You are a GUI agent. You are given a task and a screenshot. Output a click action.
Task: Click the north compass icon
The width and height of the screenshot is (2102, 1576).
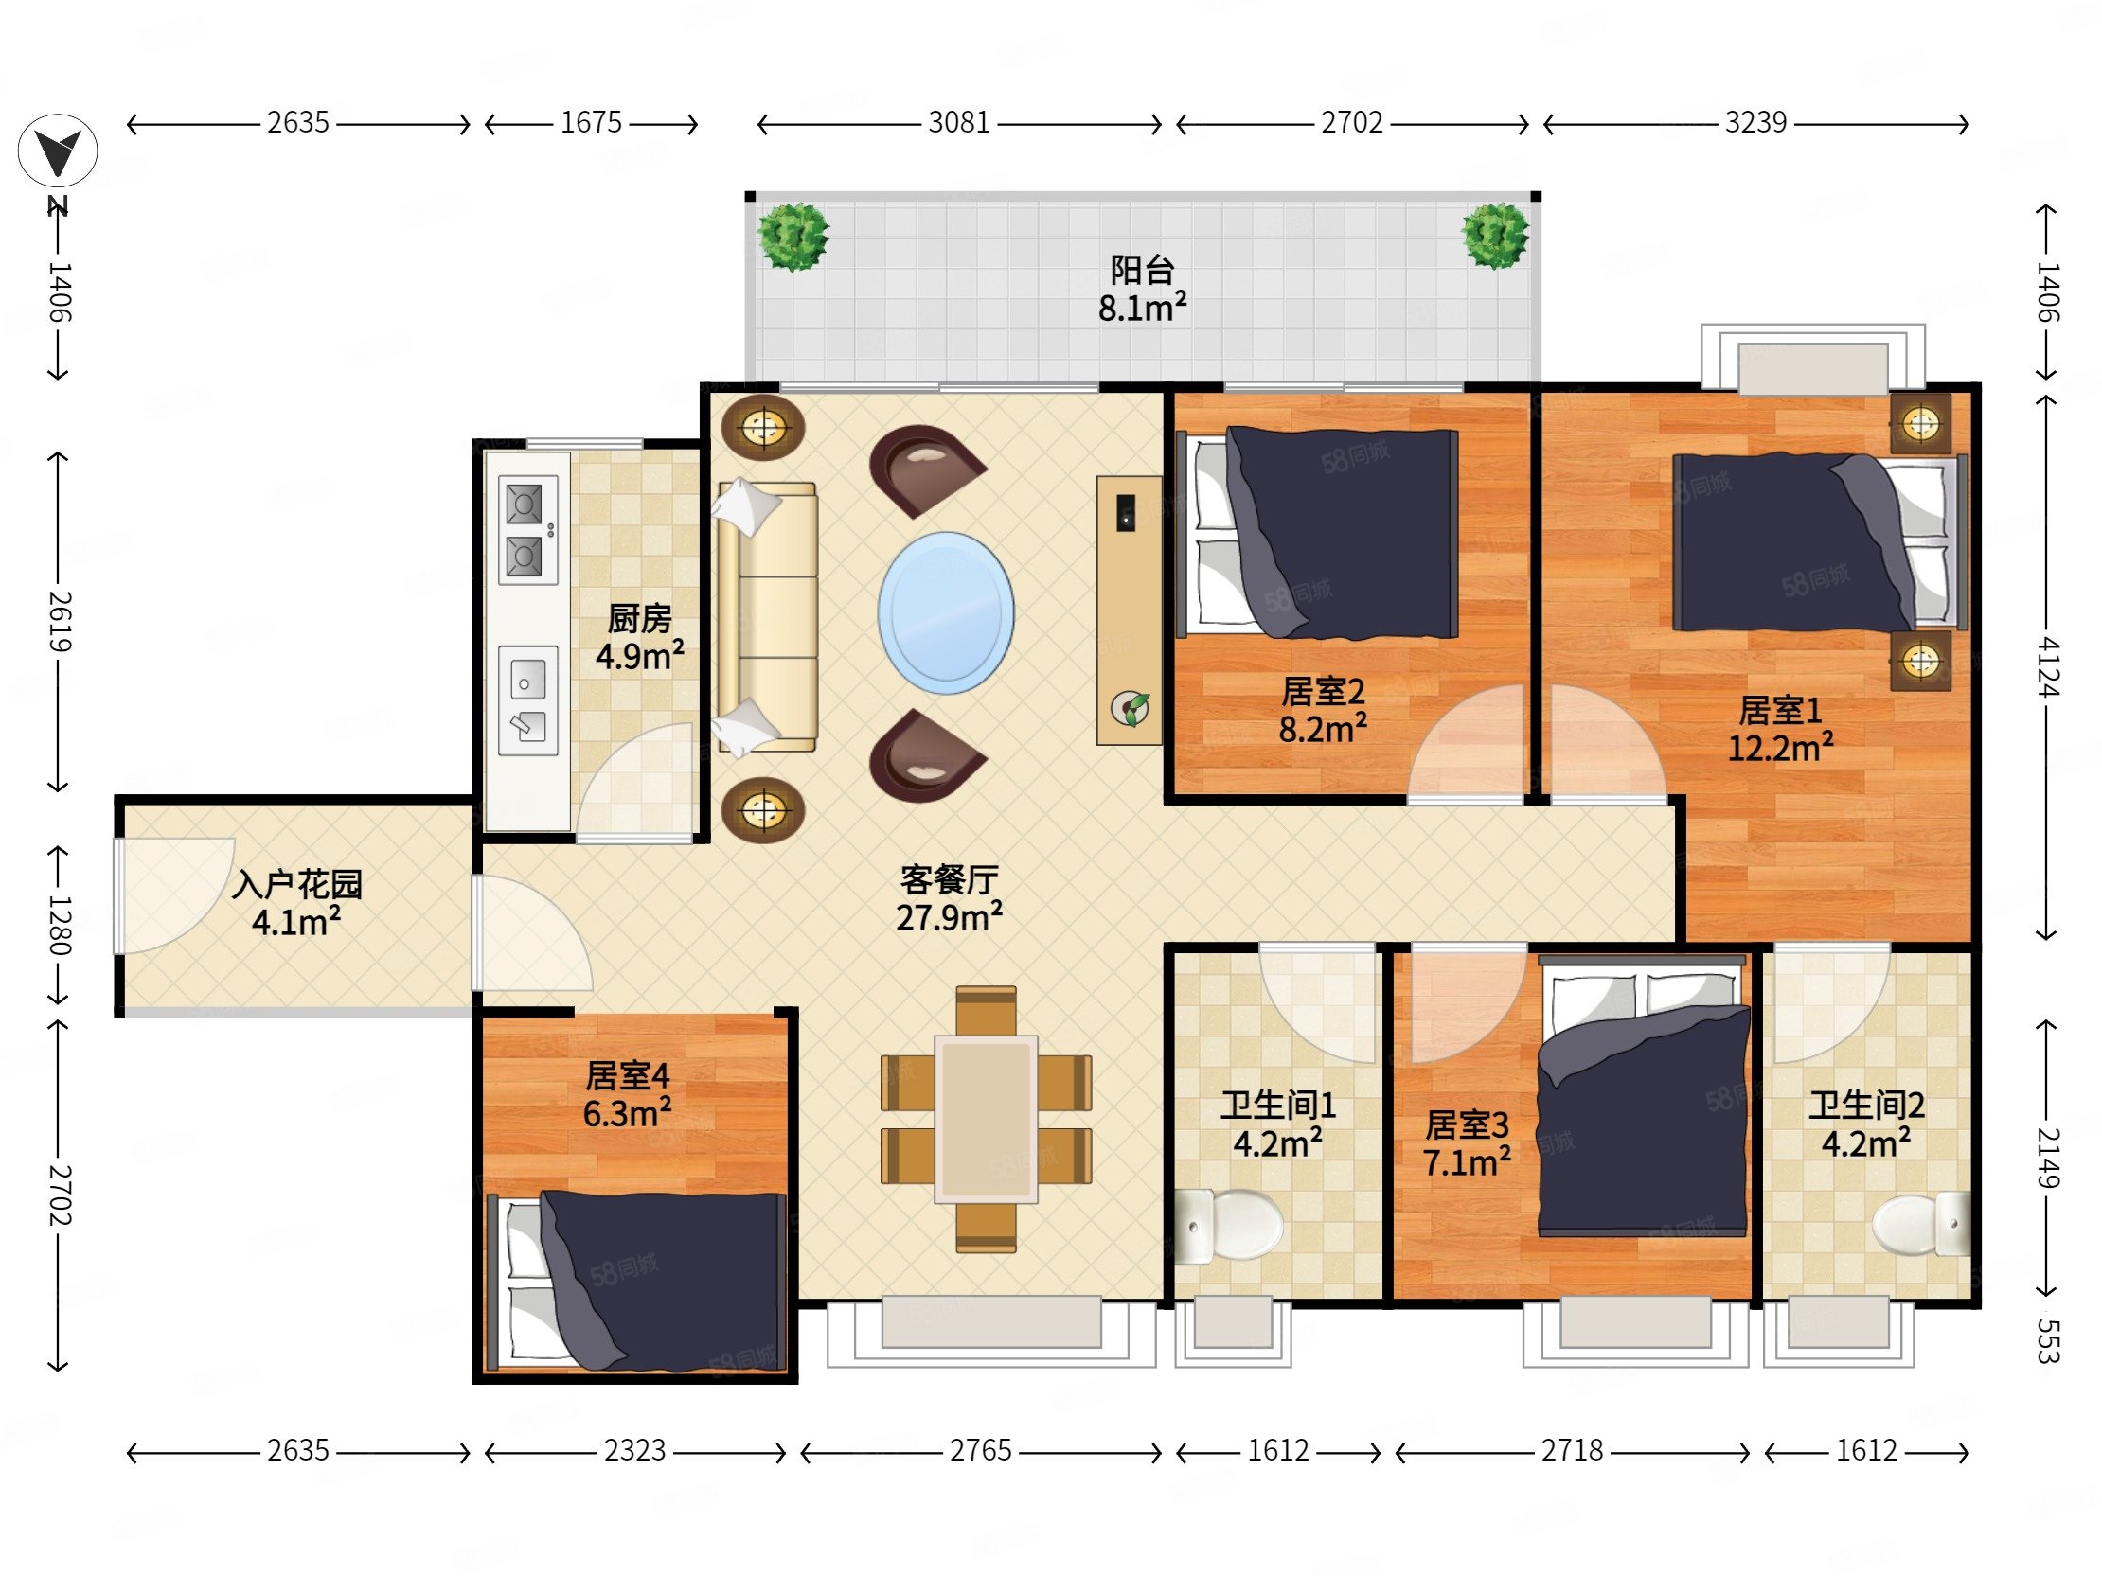pos(57,152)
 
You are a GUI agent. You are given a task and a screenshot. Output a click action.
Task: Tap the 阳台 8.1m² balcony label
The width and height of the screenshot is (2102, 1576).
pos(1142,290)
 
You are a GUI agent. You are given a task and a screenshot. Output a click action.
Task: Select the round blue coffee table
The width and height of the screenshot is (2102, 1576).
pos(946,612)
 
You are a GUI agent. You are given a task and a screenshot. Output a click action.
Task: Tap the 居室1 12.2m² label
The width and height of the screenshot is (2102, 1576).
pos(1780,729)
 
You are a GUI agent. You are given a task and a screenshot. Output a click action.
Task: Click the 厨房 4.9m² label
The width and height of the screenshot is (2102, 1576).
pos(639,637)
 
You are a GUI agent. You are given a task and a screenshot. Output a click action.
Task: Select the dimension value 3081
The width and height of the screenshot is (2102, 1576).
pos(959,122)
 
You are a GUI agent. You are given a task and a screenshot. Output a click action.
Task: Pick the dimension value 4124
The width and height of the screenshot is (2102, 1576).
pos(2048,668)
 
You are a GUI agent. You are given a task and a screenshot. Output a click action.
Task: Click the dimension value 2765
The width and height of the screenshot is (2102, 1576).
pos(981,1451)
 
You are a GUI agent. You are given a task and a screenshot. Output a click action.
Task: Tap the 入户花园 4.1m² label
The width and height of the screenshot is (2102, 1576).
pos(296,902)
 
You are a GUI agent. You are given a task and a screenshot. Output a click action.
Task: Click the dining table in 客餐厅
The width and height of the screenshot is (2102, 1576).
pos(986,1119)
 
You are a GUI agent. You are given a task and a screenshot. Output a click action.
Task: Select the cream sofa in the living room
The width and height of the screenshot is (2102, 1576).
pos(767,615)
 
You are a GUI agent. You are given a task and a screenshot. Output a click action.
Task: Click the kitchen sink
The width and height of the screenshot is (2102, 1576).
pos(527,700)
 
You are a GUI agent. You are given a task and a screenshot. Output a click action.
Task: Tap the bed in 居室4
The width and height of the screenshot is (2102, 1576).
pos(635,1281)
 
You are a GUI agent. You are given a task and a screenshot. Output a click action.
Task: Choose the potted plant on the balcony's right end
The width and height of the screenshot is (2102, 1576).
pos(1496,235)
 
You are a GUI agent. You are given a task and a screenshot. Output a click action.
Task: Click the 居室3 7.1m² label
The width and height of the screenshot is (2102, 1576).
pos(1467,1142)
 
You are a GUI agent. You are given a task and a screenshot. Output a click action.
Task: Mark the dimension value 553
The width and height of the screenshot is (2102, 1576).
pos(2048,1340)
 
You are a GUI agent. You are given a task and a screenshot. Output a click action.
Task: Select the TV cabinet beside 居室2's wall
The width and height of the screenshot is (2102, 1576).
pos(1129,610)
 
